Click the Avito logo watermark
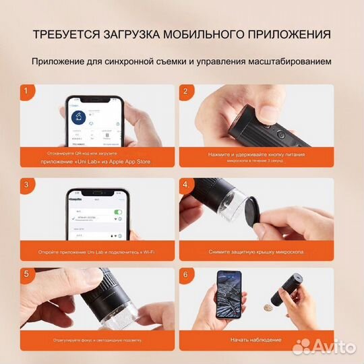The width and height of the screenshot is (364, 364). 325,346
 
